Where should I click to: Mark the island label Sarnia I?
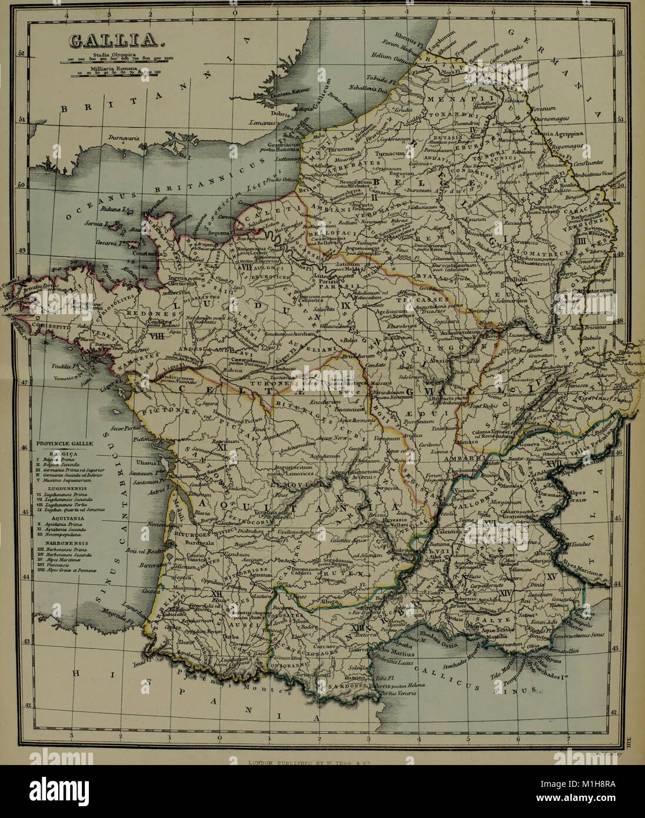pos(109,224)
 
